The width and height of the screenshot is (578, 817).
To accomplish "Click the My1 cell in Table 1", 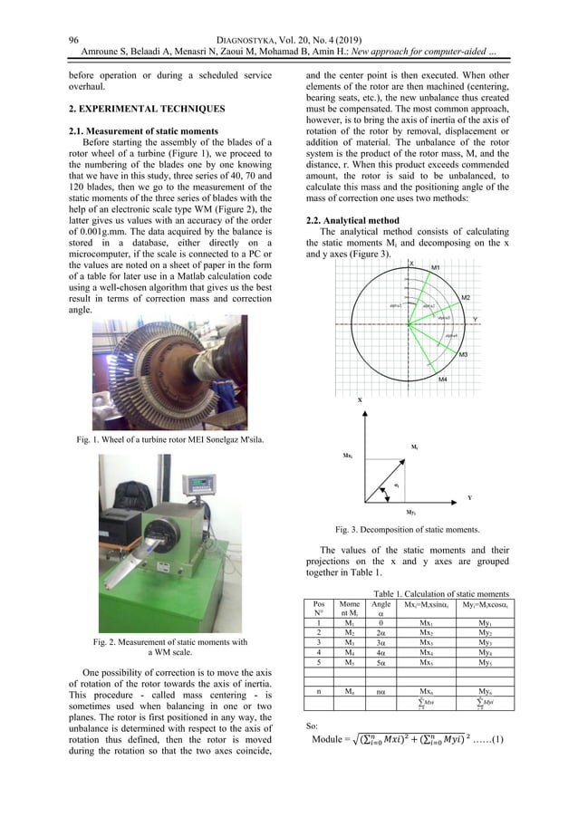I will (490, 620).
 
